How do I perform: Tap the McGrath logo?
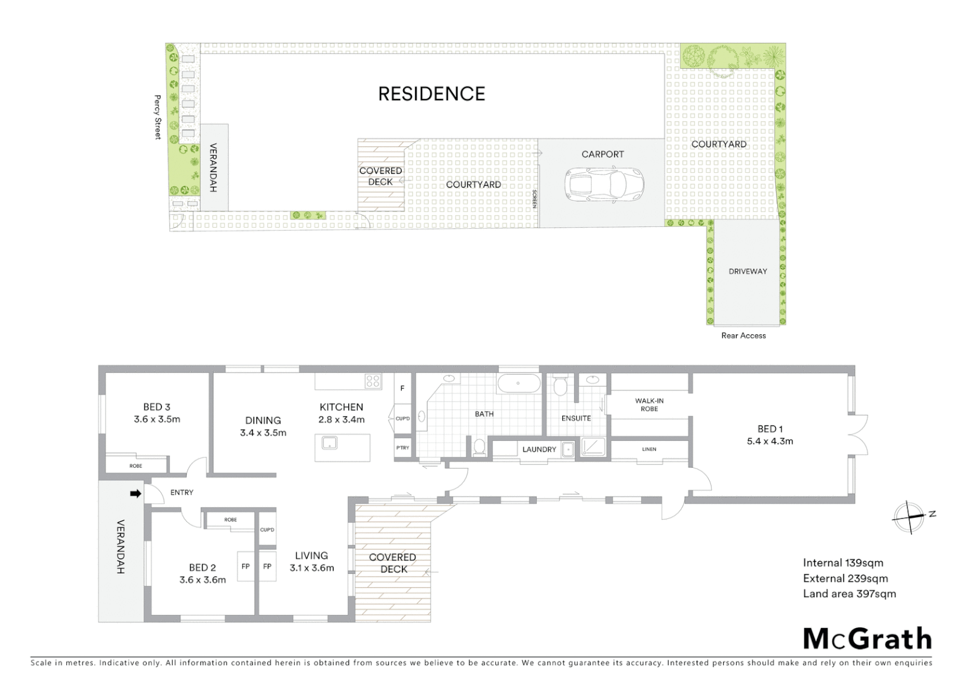pyautogui.click(x=867, y=639)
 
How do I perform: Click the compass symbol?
pyautogui.click(x=908, y=517)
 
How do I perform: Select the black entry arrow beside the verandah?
pyautogui.click(x=135, y=494)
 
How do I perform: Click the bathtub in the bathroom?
pyautogui.click(x=519, y=383)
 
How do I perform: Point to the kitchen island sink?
pyautogui.click(x=329, y=443)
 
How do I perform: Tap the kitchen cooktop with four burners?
pyautogui.click(x=373, y=381)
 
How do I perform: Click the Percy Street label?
pyautogui.click(x=158, y=117)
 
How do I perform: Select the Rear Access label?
pyautogui.click(x=743, y=335)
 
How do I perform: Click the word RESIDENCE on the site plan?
pyautogui.click(x=432, y=94)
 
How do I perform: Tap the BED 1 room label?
pyautogui.click(x=770, y=429)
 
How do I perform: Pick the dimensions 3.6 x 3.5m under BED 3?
pyautogui.click(x=156, y=419)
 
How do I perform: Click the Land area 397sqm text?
pyautogui.click(x=849, y=593)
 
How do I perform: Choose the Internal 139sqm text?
pyautogui.click(x=843, y=563)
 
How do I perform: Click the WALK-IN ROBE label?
pyautogui.click(x=649, y=405)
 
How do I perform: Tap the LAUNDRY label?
pyautogui.click(x=539, y=450)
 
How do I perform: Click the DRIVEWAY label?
pyautogui.click(x=748, y=271)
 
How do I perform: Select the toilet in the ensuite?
pyautogui.click(x=560, y=385)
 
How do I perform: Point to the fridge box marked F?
pyautogui.click(x=402, y=388)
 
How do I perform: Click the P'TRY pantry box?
pyautogui.click(x=403, y=448)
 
